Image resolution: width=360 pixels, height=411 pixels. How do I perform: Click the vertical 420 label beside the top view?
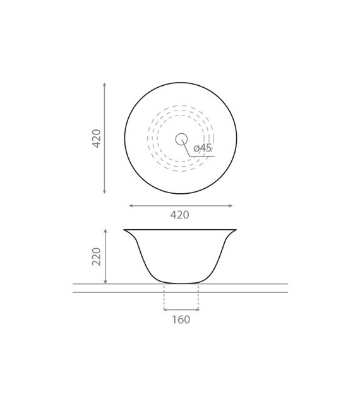(97, 138)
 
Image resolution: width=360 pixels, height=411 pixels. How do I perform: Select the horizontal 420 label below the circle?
(180, 215)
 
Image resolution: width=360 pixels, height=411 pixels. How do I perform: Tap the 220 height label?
(97, 256)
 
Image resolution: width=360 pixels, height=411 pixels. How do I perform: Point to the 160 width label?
(181, 320)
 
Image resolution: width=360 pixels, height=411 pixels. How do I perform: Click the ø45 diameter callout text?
(203, 148)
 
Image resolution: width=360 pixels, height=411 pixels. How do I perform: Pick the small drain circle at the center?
(181, 139)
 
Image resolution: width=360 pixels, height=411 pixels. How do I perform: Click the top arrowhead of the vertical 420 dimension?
(104, 84)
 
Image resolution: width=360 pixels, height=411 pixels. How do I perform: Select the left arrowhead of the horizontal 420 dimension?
(130, 206)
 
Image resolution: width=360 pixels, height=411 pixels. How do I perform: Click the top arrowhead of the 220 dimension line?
(105, 231)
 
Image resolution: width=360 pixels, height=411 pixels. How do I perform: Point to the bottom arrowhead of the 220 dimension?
(105, 282)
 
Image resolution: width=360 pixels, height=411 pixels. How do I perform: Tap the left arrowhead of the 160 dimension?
(165, 309)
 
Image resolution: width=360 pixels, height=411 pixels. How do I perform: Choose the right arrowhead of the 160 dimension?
(197, 309)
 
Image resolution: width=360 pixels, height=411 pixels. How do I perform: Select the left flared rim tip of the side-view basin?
(124, 230)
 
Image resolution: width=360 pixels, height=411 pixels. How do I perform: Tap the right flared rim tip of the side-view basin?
(236, 230)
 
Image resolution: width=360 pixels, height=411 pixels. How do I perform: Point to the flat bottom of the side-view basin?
(181, 283)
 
